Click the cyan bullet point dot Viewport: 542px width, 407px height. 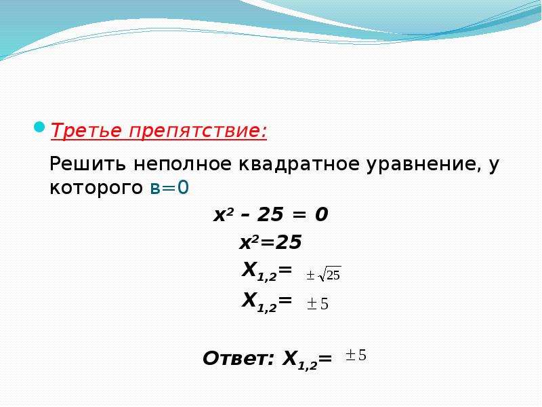(x=39, y=127)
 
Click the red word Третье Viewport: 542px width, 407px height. (x=87, y=130)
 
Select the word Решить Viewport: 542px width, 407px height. (x=88, y=163)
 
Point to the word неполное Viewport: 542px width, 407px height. (x=182, y=164)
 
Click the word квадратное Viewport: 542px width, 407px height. (x=299, y=164)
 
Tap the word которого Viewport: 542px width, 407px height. (x=96, y=189)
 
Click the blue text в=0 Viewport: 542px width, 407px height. (x=170, y=188)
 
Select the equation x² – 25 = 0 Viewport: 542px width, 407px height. (x=270, y=214)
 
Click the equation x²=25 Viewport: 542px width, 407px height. (x=270, y=242)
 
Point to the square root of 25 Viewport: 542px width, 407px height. (x=329, y=274)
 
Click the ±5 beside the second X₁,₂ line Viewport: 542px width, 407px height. (x=318, y=304)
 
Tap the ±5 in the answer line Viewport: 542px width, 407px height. (x=356, y=355)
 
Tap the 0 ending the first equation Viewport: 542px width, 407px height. (x=321, y=214)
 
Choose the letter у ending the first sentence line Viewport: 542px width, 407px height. (x=495, y=166)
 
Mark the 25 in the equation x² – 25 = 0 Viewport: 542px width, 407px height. (x=270, y=214)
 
